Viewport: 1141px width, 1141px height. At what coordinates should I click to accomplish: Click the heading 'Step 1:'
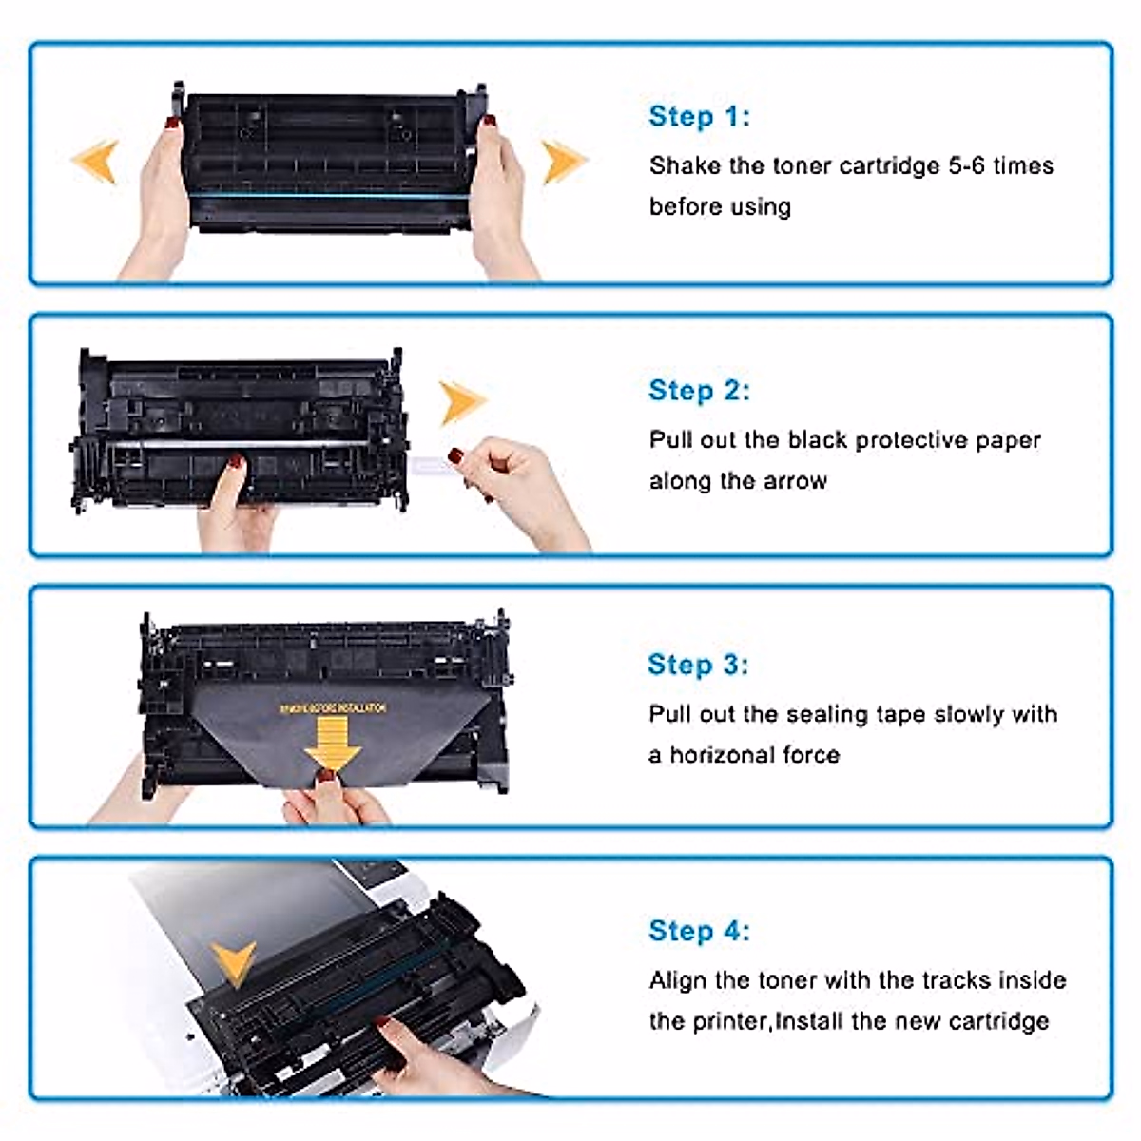coord(699,116)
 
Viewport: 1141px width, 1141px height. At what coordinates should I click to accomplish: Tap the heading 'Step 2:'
coord(699,390)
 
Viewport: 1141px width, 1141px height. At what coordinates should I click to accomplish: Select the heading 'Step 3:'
coord(698,664)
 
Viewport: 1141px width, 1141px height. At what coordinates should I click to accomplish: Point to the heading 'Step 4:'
coord(699,930)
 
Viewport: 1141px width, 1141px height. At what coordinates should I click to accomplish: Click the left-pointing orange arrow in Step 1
coord(96,160)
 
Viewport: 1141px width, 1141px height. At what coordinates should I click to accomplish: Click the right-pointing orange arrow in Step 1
coord(563,160)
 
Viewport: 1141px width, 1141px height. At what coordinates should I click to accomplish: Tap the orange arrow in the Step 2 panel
coord(461,401)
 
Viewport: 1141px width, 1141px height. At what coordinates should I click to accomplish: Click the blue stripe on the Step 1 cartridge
coord(328,195)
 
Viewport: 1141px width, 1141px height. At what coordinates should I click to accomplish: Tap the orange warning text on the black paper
coord(333,707)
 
